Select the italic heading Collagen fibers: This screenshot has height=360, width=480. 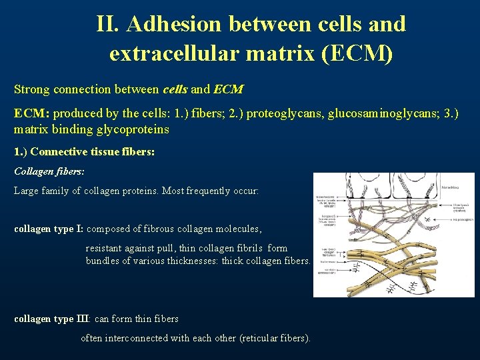click(49, 171)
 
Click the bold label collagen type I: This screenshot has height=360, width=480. click(49, 229)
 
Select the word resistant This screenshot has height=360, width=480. click(105, 248)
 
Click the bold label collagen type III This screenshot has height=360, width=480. click(51, 319)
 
